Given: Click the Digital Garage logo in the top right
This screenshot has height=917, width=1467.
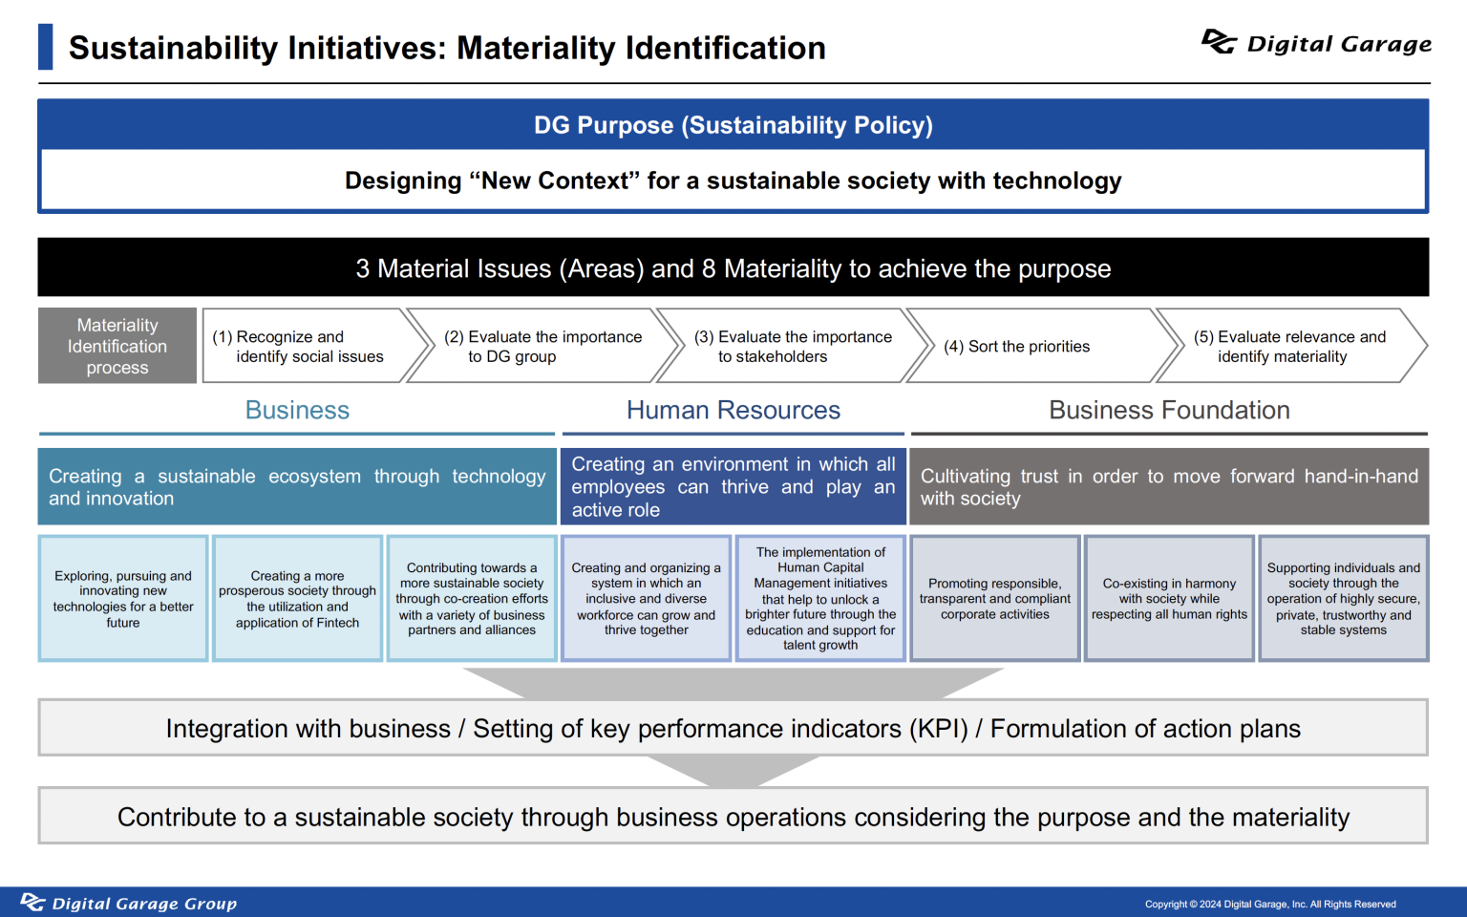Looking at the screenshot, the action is pos(1316,43).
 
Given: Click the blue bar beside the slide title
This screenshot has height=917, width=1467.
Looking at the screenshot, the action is pos(45,47).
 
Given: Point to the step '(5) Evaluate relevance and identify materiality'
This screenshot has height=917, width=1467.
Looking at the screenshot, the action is pos(1291,346).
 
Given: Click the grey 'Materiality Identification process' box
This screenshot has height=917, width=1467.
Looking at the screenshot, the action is pos(117,346).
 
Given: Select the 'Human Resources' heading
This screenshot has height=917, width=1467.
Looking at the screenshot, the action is pos(733,410).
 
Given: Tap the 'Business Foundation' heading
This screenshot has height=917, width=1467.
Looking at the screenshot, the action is pos(1169,410).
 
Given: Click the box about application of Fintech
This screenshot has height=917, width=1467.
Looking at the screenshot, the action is pos(297,599).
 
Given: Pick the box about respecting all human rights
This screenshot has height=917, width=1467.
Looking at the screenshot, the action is pos(1169,599).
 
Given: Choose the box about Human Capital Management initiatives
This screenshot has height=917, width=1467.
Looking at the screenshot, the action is pos(820,599).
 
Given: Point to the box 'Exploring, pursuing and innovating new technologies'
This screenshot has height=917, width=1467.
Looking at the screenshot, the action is pos(123,599).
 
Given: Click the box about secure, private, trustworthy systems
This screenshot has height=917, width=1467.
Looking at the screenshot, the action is pos(1343,599).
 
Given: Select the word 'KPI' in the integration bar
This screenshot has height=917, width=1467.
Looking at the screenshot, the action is pos(939,729).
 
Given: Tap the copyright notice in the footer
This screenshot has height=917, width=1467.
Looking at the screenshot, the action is pos(1270,905).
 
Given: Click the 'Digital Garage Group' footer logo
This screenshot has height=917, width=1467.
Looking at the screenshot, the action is pos(128,904).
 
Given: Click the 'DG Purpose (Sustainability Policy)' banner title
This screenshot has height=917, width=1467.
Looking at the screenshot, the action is pos(733,125).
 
